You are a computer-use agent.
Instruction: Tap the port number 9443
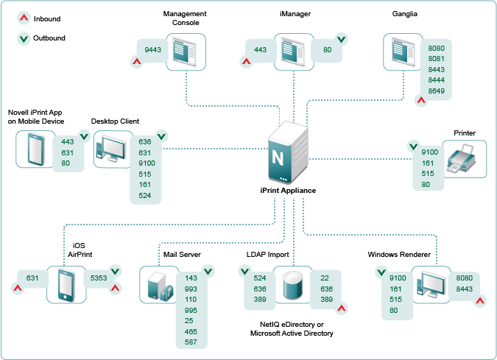[153, 49]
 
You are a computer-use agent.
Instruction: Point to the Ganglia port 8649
[436, 91]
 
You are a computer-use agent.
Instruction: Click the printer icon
[465, 158]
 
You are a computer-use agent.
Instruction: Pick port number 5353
[99, 278]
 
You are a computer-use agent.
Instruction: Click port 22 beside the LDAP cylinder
[325, 278]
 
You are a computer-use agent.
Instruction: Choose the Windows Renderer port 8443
[465, 289]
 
